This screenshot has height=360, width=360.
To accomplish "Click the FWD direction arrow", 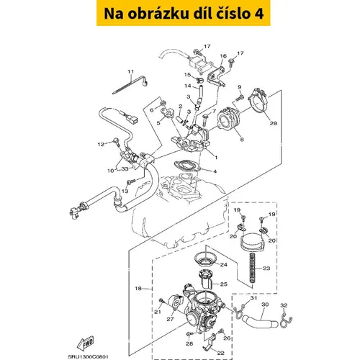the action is pyautogui.click(x=86, y=343).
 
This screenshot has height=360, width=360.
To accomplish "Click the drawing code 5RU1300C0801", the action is pyautogui.click(x=88, y=357).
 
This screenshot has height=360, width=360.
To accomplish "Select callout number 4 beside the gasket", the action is pyautogui.click(x=215, y=171).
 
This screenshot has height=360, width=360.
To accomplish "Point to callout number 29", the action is pyautogui.click(x=274, y=123).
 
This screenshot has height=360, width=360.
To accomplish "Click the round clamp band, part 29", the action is pyautogui.click(x=258, y=101).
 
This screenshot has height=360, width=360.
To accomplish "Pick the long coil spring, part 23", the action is pyautogui.click(x=252, y=268).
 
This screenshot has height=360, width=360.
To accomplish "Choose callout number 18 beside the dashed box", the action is pyautogui.click(x=138, y=288).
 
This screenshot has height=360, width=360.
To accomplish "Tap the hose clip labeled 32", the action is pyautogui.click(x=286, y=320).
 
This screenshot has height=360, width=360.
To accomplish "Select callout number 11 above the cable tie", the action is pyautogui.click(x=130, y=71).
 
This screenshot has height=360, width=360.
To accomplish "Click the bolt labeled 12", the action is pyautogui.click(x=117, y=142).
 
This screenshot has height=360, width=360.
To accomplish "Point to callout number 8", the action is pyautogui.click(x=242, y=140).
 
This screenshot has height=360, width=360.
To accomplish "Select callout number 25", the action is pyautogui.click(x=224, y=284).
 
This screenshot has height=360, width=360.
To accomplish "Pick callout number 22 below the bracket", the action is pyautogui.click(x=220, y=353).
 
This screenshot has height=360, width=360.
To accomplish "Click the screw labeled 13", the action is pyautogui.click(x=131, y=181).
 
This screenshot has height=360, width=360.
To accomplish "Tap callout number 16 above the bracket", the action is pyautogui.click(x=223, y=56).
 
